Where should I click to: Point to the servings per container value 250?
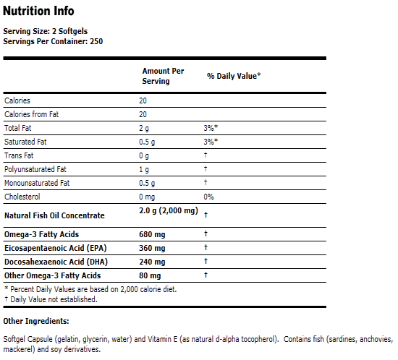[x=96, y=40]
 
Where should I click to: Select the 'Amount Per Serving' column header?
[x=163, y=76]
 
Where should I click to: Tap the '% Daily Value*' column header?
[x=234, y=75]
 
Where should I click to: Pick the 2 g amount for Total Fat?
[x=144, y=128]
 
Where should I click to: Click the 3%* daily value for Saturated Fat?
[x=211, y=142]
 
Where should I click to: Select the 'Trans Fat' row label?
[x=20, y=155]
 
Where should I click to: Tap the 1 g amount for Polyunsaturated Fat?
[x=144, y=169]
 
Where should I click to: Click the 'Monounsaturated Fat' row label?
[x=37, y=183]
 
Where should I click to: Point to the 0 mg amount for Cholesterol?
[x=148, y=197]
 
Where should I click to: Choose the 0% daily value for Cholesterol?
[x=209, y=197]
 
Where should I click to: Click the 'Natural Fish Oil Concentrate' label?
[x=54, y=215]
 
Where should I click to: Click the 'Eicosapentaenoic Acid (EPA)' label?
[x=55, y=248]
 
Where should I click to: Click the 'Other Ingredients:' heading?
[x=36, y=320]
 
